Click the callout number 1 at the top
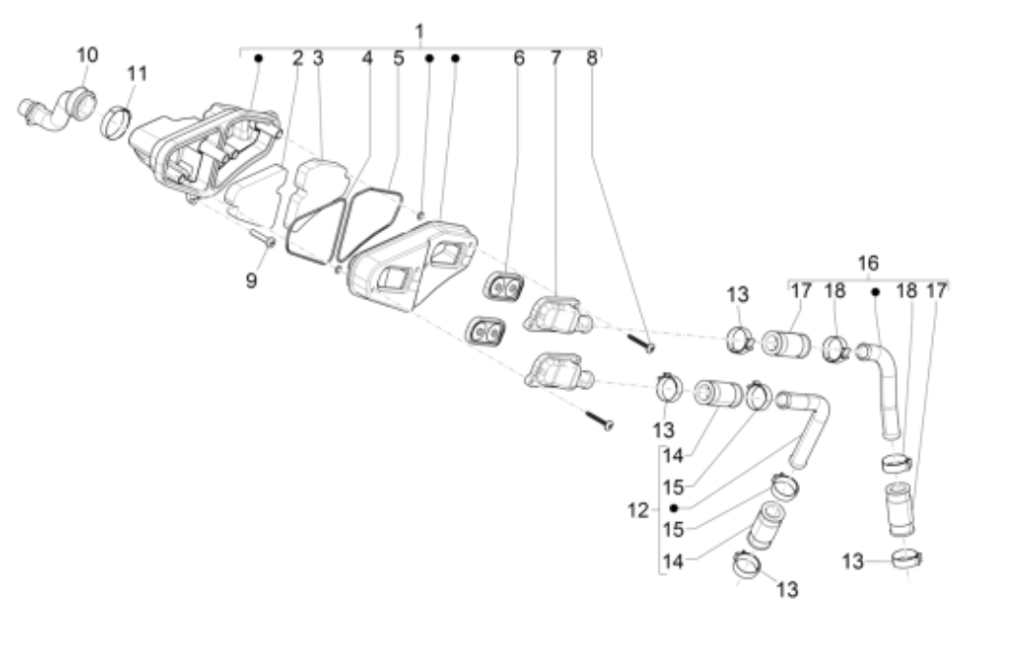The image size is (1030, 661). pos(419,32)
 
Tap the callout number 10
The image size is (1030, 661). pos(87,55)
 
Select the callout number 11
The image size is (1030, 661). pos(138,72)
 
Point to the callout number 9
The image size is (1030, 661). pos(250,281)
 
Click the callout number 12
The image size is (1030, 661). pos(637,508)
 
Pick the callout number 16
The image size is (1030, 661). pos(868,263)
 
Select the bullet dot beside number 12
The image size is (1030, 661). pos(673,508)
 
